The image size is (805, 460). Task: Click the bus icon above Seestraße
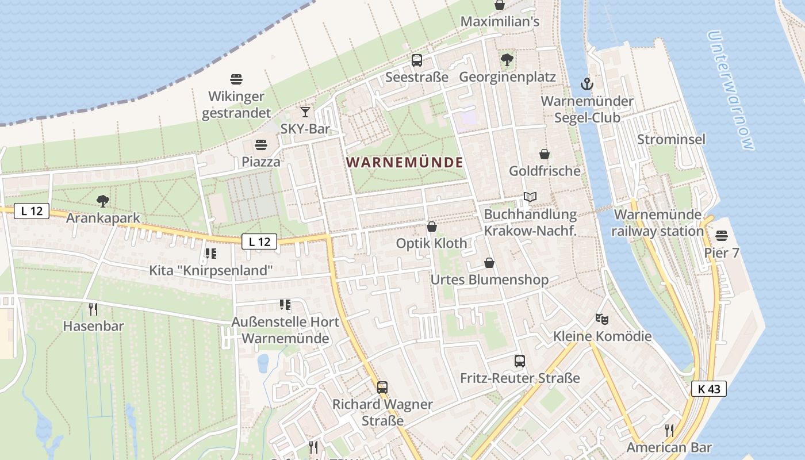tap(417, 60)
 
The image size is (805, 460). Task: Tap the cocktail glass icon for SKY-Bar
tap(305, 112)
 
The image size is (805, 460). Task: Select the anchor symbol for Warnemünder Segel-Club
tap(586, 84)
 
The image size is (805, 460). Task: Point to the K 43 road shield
tap(709, 389)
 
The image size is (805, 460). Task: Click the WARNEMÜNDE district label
tap(405, 162)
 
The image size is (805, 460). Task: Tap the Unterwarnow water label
tap(730, 91)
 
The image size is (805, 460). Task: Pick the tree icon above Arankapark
tap(103, 201)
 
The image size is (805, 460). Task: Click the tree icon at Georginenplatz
tap(507, 59)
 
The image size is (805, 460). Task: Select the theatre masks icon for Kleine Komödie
tap(602, 318)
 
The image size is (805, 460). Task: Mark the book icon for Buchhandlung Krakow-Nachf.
tap(530, 197)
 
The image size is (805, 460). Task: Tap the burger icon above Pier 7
tap(722, 236)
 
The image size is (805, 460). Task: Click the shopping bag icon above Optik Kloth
tap(432, 227)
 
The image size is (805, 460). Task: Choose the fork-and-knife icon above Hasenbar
tap(93, 309)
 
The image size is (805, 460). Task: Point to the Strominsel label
tap(671, 140)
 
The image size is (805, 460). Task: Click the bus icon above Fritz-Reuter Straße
tap(520, 361)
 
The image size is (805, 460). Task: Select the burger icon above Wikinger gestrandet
tap(236, 79)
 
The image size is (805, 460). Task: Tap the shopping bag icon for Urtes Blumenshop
tap(489, 263)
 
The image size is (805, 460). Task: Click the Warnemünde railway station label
tap(658, 223)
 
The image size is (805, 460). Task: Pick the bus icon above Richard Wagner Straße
tap(382, 387)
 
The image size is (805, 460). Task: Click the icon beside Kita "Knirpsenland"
tap(211, 253)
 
